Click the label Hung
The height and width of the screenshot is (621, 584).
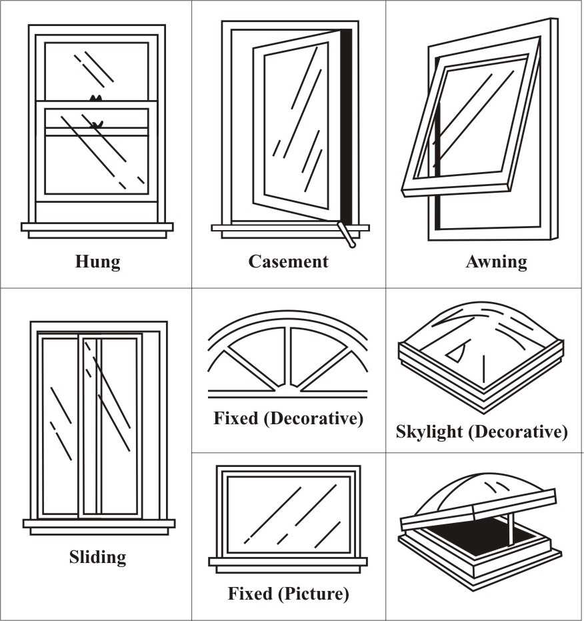[x=97, y=261]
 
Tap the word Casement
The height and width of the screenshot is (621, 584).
[x=288, y=261]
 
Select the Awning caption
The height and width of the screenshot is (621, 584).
[x=496, y=261]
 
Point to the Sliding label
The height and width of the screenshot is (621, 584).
[x=97, y=556]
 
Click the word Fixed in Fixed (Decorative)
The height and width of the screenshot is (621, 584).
[x=235, y=419]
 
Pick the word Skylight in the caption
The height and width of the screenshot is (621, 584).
[x=429, y=432]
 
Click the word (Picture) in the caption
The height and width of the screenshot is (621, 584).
[x=317, y=593]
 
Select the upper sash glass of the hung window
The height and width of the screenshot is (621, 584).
[x=97, y=67]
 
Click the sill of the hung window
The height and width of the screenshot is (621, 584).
[x=97, y=227]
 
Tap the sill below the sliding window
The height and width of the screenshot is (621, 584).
[x=99, y=524]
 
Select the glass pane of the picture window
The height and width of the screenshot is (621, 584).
[x=288, y=514]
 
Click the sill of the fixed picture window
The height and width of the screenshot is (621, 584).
[x=288, y=562]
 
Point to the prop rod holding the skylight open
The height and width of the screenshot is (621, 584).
[x=512, y=523]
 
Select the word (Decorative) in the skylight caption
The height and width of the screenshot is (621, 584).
[x=518, y=432]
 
